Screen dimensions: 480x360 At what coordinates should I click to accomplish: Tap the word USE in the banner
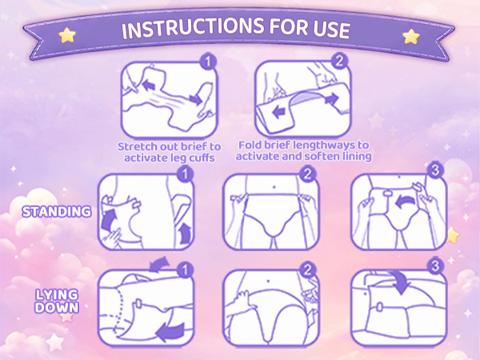coord(331,29)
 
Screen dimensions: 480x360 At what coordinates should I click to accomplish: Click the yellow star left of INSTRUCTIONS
coord(67,35)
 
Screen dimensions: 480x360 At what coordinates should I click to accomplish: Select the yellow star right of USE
coord(411,37)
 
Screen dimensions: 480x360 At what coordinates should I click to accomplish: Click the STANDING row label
coord(57,212)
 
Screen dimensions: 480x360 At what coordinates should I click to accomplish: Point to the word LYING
coord(57,294)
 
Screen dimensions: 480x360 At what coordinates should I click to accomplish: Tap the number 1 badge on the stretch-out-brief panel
coord(208,62)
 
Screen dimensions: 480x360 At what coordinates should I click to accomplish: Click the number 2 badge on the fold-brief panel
coord(339,61)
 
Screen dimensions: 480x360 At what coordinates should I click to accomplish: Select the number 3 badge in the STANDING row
coord(435,170)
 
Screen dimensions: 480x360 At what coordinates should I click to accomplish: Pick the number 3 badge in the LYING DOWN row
coord(435,266)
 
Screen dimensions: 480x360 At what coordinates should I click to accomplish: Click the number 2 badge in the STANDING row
coord(307,174)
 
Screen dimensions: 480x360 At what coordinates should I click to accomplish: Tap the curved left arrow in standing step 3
coord(406,202)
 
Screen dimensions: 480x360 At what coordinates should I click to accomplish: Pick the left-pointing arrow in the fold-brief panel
coord(278,112)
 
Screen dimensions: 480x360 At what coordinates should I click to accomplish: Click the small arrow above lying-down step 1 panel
coord(159,265)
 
